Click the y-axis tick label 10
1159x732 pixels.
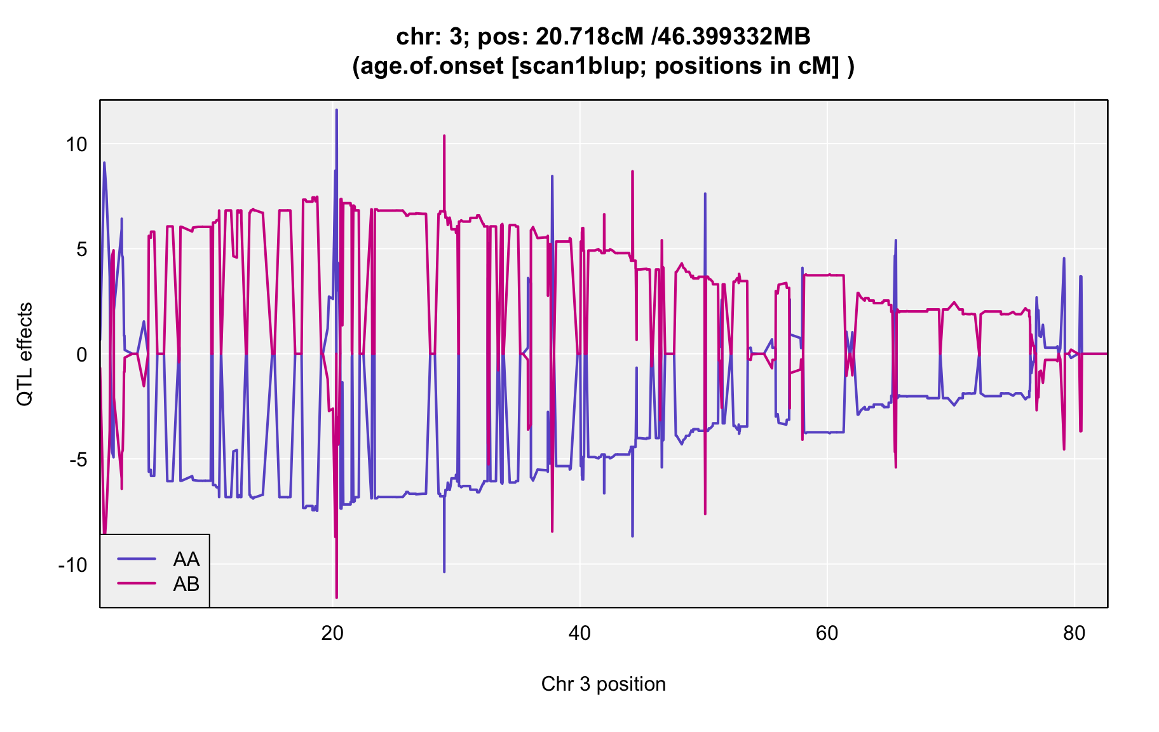(x=76, y=144)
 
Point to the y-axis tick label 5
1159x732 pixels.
(x=81, y=249)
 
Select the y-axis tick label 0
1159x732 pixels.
(x=81, y=355)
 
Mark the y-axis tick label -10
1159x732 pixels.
(x=72, y=565)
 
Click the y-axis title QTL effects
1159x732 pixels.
(x=25, y=355)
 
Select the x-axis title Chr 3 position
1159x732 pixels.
(x=603, y=684)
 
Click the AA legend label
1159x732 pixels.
(x=186, y=559)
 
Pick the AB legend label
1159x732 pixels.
(x=186, y=584)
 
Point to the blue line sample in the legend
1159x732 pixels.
(x=137, y=559)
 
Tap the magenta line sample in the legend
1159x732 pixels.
(x=137, y=583)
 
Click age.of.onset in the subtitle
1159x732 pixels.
(x=428, y=66)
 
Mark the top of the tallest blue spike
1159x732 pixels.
(x=337, y=110)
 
